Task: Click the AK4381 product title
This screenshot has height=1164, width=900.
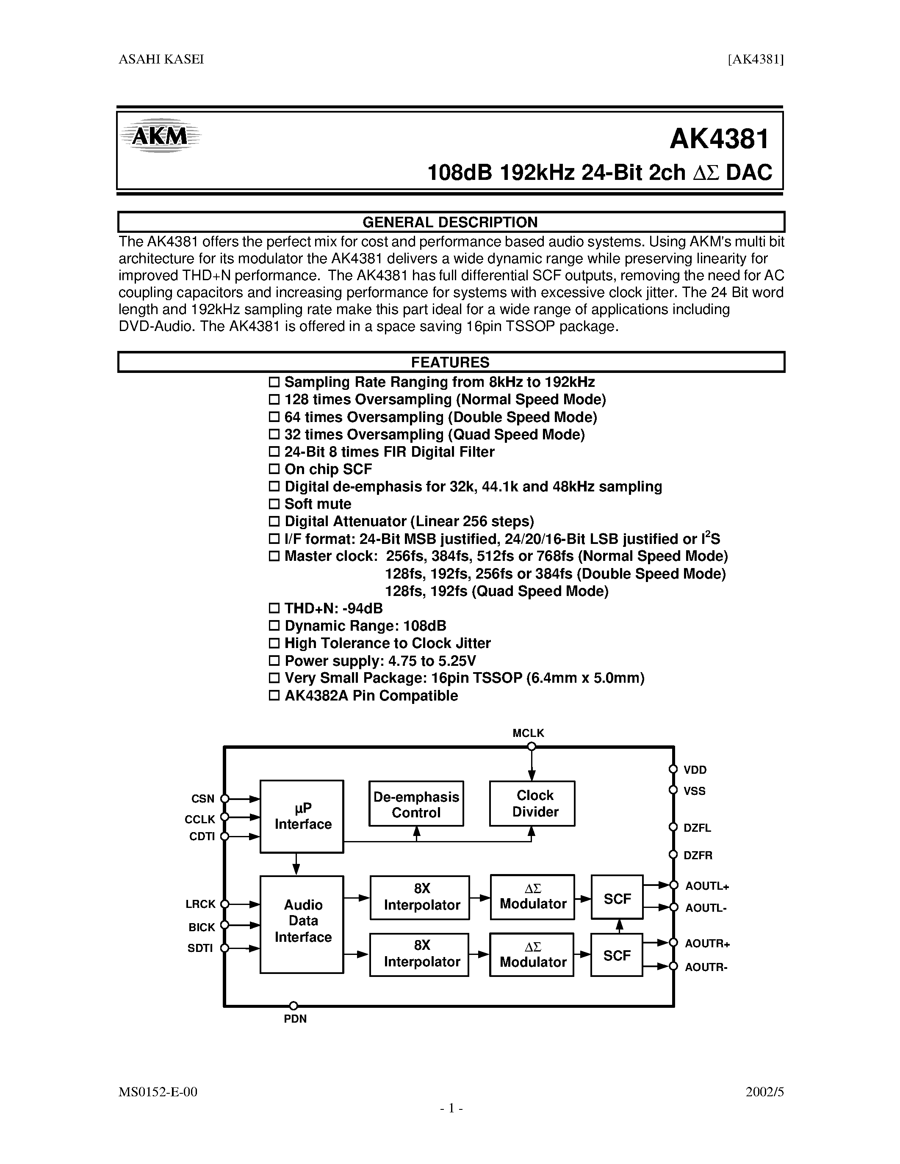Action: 719,139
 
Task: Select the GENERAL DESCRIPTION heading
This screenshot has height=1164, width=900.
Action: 450,222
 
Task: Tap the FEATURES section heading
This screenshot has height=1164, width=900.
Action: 450,362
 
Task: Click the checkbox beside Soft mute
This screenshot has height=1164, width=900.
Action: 274,504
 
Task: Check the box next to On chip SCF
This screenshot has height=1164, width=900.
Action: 274,469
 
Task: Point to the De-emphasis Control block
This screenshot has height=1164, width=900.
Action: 416,804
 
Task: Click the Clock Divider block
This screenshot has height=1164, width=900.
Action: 532,803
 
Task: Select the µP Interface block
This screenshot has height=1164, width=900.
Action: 302,816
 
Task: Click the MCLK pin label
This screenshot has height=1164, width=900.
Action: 528,733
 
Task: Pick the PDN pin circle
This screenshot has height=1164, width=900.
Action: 293,1006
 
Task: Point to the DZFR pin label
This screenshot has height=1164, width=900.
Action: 698,855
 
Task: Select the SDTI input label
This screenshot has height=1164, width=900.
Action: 200,948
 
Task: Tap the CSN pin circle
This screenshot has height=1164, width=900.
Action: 225,798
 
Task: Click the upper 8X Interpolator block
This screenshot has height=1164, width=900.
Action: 420,897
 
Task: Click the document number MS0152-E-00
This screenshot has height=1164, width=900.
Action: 158,1092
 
